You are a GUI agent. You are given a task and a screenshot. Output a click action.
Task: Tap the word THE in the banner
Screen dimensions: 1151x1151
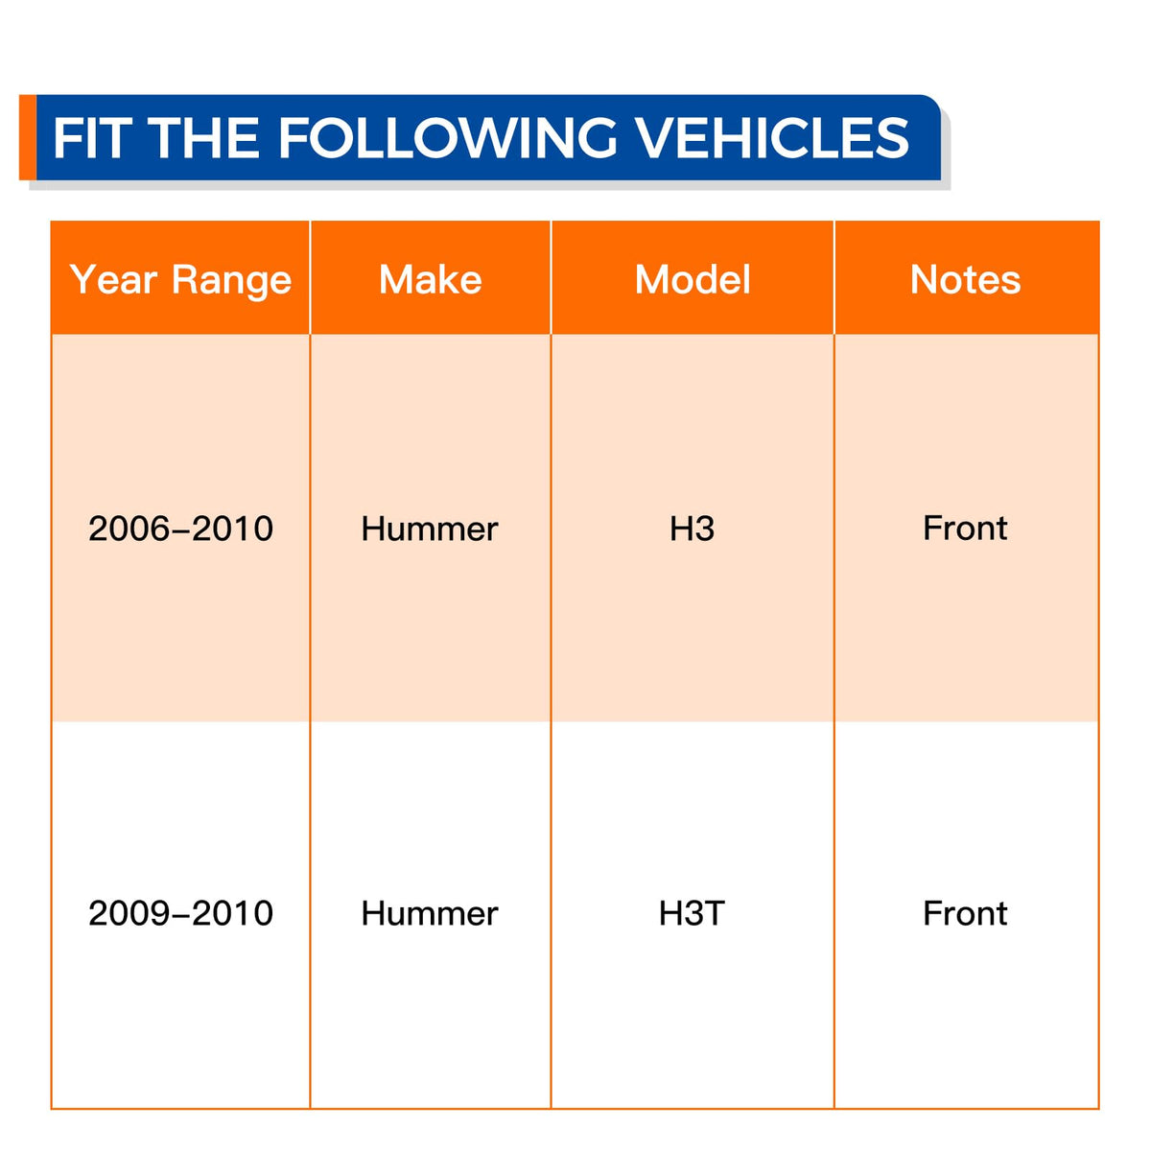[206, 138]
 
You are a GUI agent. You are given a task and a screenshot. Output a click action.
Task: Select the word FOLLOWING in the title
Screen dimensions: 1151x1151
[447, 138]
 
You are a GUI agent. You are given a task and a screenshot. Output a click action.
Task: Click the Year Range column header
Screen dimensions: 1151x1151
[180, 280]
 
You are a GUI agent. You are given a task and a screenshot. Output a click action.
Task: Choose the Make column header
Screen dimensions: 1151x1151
[430, 279]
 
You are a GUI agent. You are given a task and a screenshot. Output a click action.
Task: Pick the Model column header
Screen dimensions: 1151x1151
[693, 279]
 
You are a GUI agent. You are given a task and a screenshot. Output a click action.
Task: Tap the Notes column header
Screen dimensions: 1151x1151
[965, 279]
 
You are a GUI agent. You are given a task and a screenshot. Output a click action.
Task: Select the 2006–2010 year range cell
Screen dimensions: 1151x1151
[180, 529]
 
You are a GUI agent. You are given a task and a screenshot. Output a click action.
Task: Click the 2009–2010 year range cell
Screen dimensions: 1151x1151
[180, 913]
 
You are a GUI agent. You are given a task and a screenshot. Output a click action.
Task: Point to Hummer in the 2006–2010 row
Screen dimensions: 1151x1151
[430, 529]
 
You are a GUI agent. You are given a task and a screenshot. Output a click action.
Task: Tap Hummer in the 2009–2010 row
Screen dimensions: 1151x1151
[430, 913]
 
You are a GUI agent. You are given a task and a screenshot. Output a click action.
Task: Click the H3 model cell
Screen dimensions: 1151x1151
[692, 529]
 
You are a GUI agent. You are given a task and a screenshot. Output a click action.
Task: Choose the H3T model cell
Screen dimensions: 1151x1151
[692, 913]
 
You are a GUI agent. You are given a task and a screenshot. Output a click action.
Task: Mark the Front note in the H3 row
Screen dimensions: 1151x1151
[965, 528]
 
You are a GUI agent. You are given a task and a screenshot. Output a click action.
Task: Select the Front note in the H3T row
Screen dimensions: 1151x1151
[965, 913]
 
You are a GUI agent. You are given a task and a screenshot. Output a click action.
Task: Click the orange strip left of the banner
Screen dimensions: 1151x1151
[28, 137]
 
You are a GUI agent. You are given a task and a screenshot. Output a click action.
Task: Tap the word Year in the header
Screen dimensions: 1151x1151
[113, 279]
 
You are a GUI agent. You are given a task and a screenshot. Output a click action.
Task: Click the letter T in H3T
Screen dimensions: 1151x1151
[715, 913]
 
